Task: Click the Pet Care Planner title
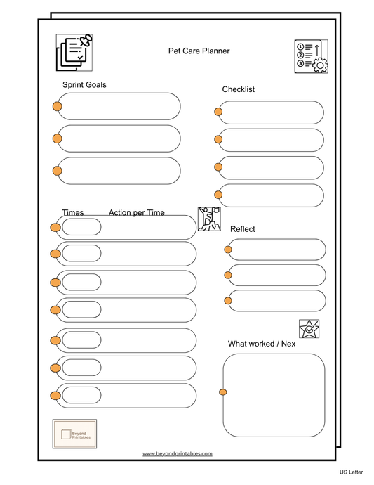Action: [x=199, y=51]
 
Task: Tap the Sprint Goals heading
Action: [x=85, y=85]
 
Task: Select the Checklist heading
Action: [x=239, y=89]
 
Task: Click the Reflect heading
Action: [x=243, y=229]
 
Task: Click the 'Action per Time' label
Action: [x=137, y=213]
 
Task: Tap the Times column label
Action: [x=73, y=213]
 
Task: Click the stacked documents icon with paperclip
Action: [x=74, y=52]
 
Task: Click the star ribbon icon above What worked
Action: [x=309, y=328]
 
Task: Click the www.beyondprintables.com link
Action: [x=178, y=454]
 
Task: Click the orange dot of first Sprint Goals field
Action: [x=58, y=107]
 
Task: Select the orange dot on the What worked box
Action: [x=223, y=392]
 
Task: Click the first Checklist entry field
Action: [x=271, y=112]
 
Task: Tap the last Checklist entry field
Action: [x=271, y=195]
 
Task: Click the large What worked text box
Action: [x=274, y=395]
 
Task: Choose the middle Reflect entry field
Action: [x=276, y=275]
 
